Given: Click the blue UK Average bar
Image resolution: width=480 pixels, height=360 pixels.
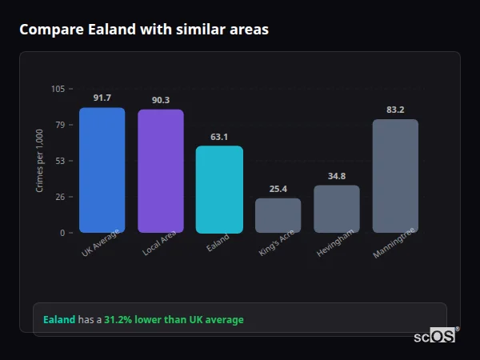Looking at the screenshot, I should click(x=102, y=170).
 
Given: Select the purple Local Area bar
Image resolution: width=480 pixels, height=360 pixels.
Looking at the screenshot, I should click(x=160, y=171).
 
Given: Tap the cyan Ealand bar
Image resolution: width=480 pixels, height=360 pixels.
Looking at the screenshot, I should click(x=219, y=190).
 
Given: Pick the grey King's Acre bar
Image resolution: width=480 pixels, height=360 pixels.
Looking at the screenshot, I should click(x=278, y=215).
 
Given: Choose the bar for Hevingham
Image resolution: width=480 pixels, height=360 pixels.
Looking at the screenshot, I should click(x=336, y=209).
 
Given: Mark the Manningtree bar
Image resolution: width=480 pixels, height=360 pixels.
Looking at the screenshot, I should click(x=395, y=176).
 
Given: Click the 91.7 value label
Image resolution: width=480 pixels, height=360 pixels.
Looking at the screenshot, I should click(x=102, y=98).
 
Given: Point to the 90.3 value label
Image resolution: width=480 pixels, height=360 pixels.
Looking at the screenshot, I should click(x=160, y=100).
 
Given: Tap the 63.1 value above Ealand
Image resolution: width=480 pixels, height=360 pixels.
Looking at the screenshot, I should click(x=219, y=137).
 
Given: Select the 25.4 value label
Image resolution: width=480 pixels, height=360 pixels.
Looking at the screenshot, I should click(x=278, y=189).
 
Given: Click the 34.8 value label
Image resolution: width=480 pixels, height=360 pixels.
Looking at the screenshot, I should click(x=336, y=176).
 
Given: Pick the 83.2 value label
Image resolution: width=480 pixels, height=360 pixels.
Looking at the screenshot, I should click(x=395, y=110).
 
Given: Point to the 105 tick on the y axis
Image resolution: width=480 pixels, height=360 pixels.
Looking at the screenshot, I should click(x=58, y=89).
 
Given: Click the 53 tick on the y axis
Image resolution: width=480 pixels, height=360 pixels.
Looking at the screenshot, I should click(x=61, y=161).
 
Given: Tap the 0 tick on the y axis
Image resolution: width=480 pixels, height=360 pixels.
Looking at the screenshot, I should click(x=63, y=233).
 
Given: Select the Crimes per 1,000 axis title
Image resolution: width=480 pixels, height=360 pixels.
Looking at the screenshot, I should click(x=40, y=160).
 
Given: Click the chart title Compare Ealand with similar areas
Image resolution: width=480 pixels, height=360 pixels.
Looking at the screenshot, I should click(x=144, y=30).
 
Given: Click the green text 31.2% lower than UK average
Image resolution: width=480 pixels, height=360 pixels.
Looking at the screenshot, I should click(x=174, y=320).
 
